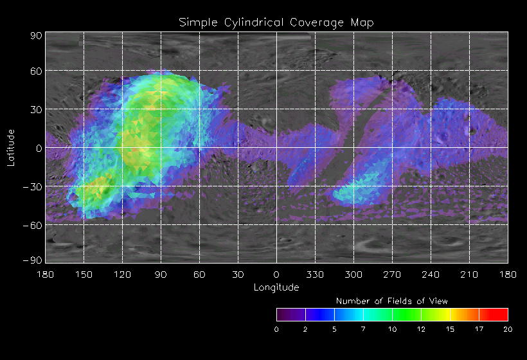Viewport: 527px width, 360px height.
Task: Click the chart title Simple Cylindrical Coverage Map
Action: (276, 22)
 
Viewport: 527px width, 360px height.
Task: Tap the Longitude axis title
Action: (276, 287)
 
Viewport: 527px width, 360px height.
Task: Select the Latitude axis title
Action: (11, 148)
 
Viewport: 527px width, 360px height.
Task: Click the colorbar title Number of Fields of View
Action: (392, 301)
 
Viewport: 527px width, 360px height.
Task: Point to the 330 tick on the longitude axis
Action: (315, 274)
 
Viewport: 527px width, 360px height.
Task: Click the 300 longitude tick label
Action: (353, 274)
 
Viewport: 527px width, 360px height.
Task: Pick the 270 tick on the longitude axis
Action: (392, 274)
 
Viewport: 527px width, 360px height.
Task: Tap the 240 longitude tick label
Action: (431, 274)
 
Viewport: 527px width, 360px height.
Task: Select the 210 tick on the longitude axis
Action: (469, 274)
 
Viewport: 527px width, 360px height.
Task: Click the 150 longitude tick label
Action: (84, 274)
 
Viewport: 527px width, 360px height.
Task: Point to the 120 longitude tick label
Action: (122, 274)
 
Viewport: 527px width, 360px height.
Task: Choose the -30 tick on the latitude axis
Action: (33, 186)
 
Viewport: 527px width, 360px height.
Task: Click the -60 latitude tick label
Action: (33, 225)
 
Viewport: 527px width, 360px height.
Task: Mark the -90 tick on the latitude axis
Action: (33, 260)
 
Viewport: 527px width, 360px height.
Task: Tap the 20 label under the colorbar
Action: (508, 329)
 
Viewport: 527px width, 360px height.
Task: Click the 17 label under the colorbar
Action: (479, 329)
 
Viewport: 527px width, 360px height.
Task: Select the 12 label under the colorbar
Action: (421, 329)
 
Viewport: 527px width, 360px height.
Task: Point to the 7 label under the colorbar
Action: (363, 329)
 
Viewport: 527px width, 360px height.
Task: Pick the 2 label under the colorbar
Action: (305, 329)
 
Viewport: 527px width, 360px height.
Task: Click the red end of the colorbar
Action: (501, 314)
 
